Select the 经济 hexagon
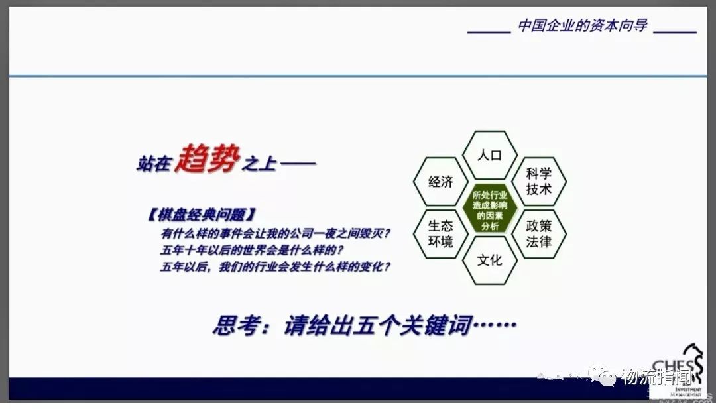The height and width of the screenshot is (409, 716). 440,182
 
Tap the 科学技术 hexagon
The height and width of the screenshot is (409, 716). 539,182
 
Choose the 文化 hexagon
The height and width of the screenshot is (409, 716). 490,259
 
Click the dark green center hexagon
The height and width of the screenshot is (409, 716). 490,207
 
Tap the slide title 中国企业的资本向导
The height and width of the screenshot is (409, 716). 582,27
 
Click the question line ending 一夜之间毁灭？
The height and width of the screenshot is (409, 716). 276,233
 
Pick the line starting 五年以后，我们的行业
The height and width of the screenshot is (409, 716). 276,268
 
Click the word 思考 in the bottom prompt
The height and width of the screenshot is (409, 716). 235,326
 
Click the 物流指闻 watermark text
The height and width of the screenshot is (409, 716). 657,377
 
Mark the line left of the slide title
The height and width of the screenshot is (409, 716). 489,31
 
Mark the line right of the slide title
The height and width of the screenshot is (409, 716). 679,31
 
